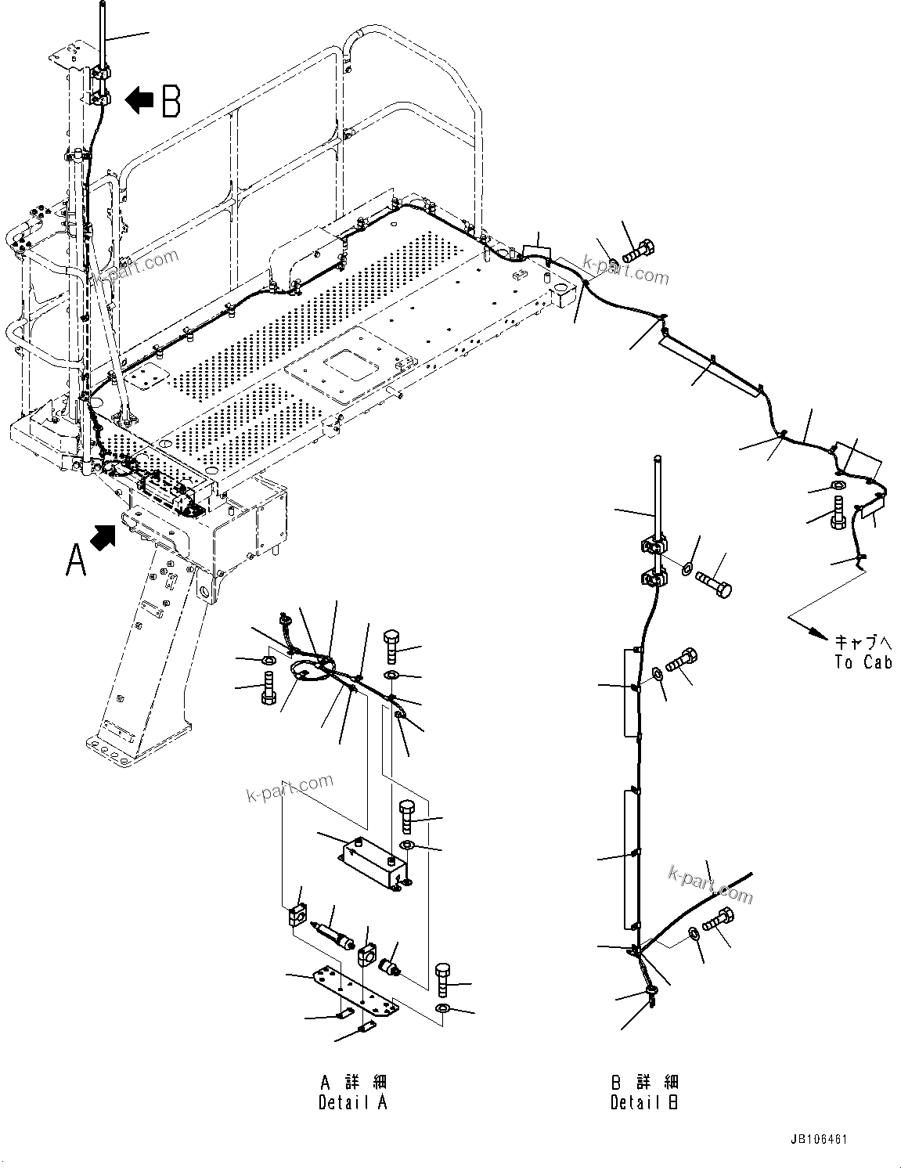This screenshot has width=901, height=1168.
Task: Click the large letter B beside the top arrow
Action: (x=171, y=101)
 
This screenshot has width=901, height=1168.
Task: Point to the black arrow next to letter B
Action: (x=139, y=100)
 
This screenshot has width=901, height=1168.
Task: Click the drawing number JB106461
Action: (x=820, y=1140)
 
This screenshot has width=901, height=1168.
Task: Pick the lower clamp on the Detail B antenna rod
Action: (x=652, y=580)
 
